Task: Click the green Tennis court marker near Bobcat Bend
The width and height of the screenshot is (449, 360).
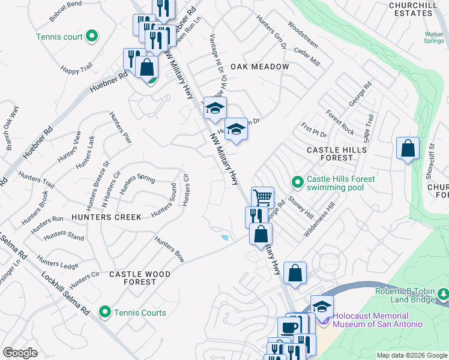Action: pos(91,37)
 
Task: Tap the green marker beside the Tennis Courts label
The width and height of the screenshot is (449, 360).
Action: pos(106,312)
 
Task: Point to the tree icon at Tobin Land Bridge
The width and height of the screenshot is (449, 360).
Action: pos(443,294)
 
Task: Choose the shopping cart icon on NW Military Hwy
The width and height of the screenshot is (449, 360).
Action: pos(262,196)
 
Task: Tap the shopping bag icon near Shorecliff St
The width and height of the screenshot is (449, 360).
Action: pos(408,148)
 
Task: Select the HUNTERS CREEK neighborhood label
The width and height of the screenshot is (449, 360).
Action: pos(106,217)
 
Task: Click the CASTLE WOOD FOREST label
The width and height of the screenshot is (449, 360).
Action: pos(140,278)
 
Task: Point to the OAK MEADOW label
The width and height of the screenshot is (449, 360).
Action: pos(259,67)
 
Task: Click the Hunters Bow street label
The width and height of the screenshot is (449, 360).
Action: pos(169,249)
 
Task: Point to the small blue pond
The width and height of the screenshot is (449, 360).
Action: pos(224,238)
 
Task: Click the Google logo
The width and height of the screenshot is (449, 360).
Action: pos(20,353)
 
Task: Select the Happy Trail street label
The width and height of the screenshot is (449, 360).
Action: pos(76,70)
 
